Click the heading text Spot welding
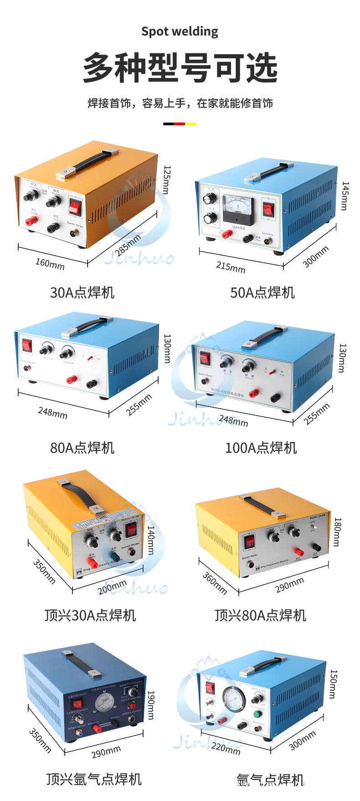click(x=180, y=31)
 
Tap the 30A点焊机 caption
click(x=82, y=292)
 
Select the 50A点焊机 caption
click(x=262, y=292)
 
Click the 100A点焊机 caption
click(x=261, y=448)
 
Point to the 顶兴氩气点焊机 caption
click(x=94, y=779)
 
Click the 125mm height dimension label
click(x=167, y=180)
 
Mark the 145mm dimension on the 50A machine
click(x=345, y=196)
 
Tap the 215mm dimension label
click(x=231, y=267)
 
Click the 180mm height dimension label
click(x=338, y=532)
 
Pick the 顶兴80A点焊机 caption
click(x=260, y=616)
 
